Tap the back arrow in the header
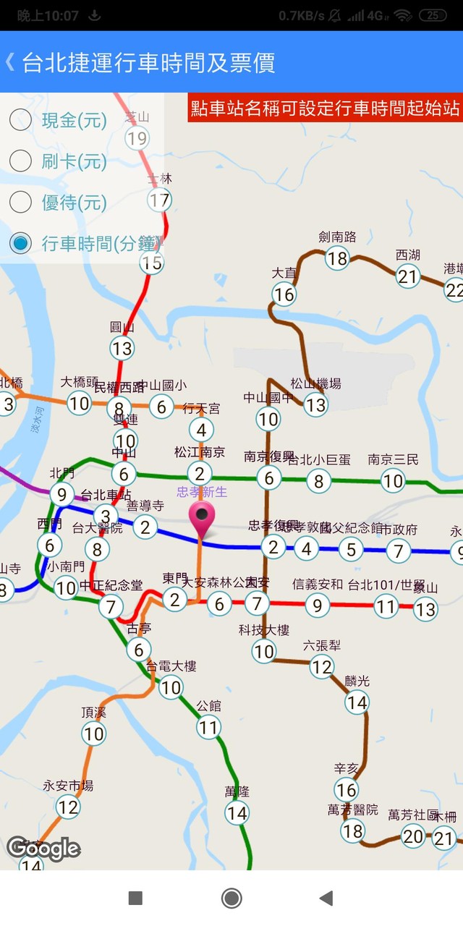9,62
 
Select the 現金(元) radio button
20,120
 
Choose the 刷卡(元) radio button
20,161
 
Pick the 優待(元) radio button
20,202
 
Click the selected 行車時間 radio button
20,243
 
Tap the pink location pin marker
202,518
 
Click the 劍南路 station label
337,237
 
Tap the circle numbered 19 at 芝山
137,138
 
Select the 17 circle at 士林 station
159,199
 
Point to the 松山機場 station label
315,383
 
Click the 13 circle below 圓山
122,349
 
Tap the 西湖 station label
408,255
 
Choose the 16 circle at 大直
284,294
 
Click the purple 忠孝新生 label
202,492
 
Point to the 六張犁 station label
322,645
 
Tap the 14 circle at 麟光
357,702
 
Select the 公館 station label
208,705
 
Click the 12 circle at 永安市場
68,807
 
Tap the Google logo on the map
43,848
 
